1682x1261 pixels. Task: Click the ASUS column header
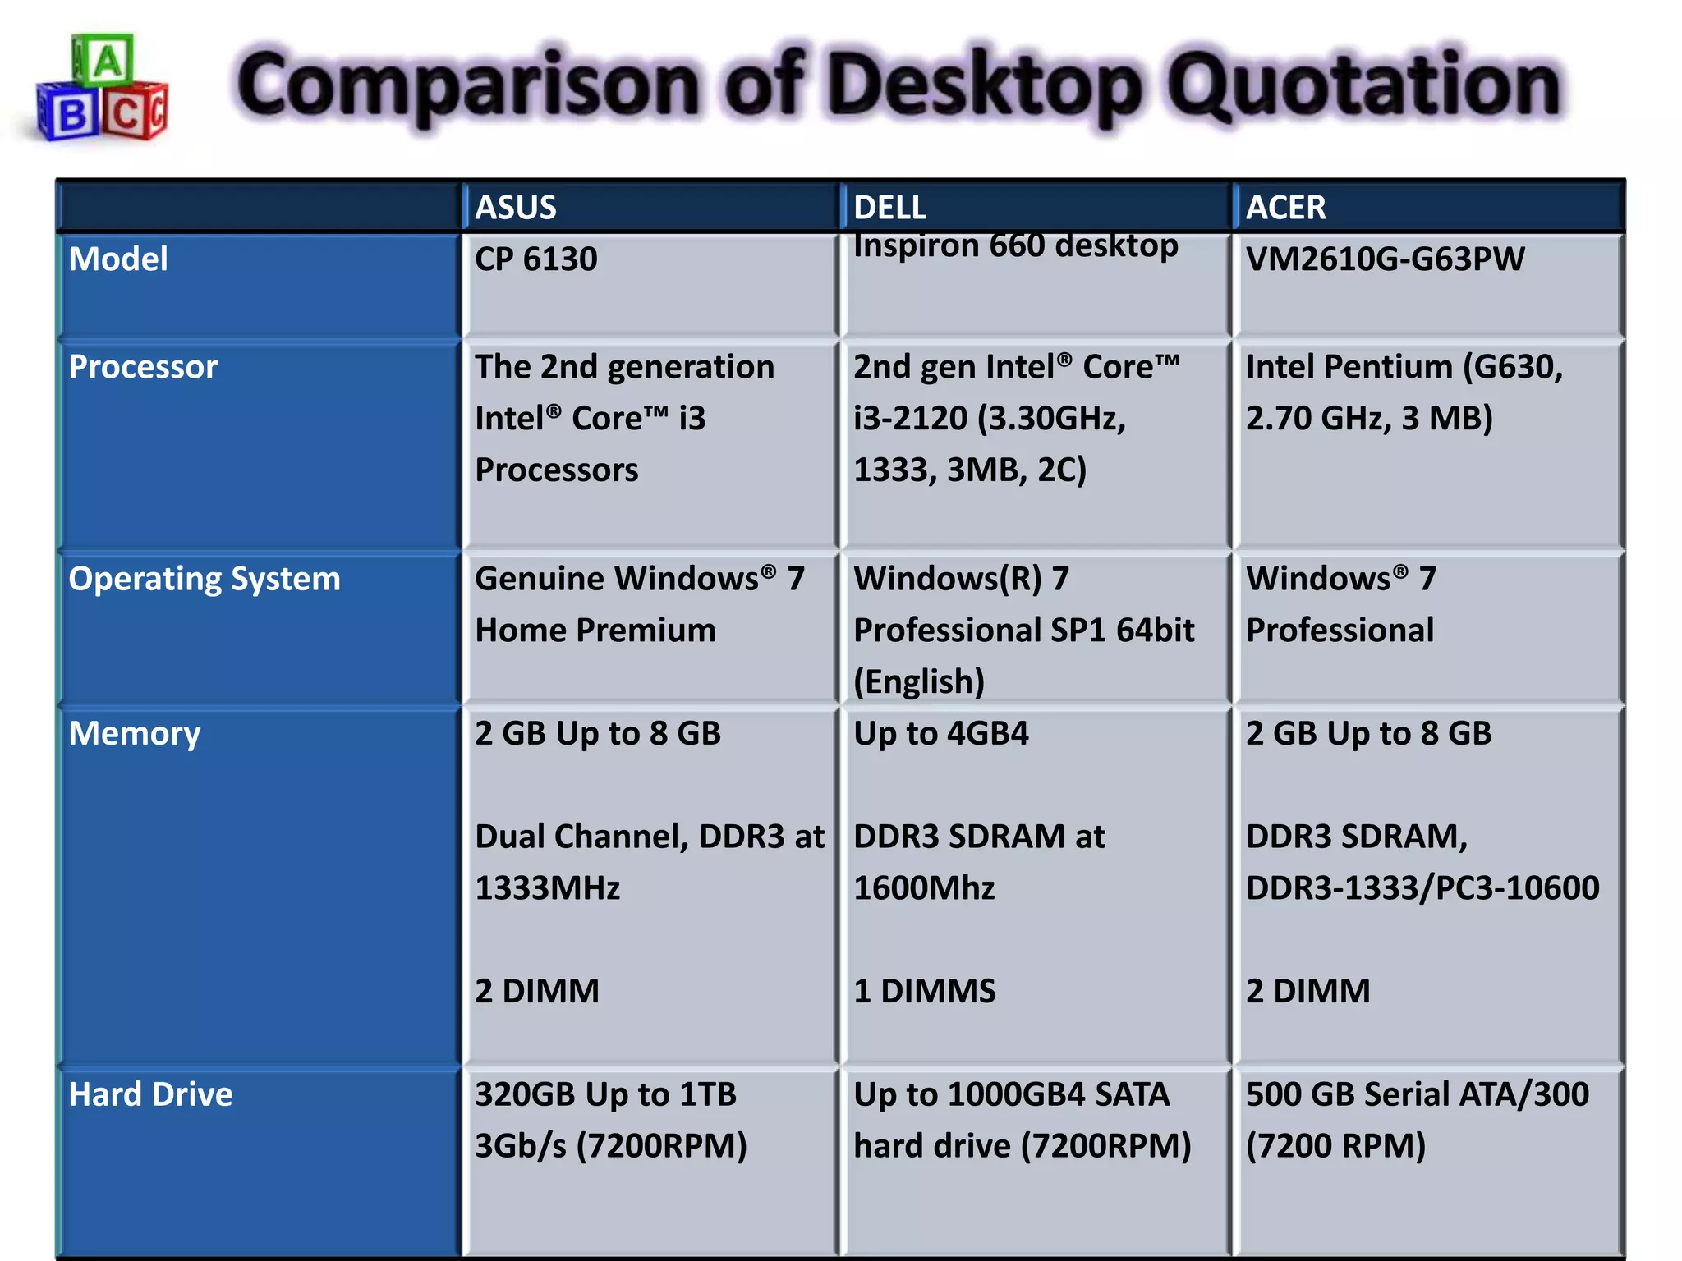pos(516,208)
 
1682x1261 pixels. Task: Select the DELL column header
pos(889,208)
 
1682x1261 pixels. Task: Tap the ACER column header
pos(1285,208)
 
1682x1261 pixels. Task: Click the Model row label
pos(118,259)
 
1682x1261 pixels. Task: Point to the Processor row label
pos(143,367)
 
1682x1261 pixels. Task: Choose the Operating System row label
pos(204,579)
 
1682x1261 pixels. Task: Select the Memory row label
pos(134,734)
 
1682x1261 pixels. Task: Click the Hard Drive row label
pos(150,1094)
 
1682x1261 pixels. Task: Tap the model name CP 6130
pos(535,259)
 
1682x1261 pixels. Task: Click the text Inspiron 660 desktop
pos(1015,245)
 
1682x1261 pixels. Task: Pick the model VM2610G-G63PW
pos(1385,259)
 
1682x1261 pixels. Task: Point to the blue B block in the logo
pos(71,116)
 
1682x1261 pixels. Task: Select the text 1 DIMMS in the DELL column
pos(924,991)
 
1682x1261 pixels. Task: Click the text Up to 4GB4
pos(940,734)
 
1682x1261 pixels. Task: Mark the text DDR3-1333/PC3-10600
pos(1422,888)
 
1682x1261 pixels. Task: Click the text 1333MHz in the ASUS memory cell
pos(547,888)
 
